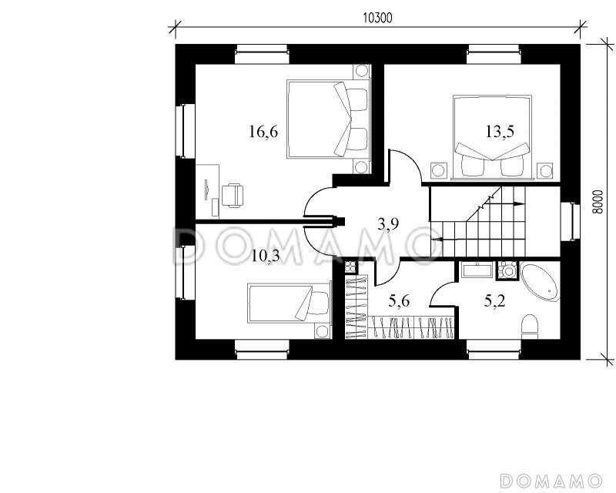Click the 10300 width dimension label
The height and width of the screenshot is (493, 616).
[377, 18]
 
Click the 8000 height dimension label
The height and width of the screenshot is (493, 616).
[598, 202]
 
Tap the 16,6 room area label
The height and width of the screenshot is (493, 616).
[263, 132]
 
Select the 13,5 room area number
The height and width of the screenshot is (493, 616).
[500, 132]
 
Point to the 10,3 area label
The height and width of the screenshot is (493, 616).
[265, 257]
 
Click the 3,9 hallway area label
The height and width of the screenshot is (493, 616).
[388, 224]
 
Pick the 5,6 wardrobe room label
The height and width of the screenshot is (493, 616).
[399, 301]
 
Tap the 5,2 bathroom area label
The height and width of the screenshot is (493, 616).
[494, 301]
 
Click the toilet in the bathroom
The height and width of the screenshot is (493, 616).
[529, 326]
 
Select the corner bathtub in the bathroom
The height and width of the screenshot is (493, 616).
[540, 283]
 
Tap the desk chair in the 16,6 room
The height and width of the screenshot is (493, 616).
[233, 195]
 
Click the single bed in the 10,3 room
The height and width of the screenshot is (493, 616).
[289, 303]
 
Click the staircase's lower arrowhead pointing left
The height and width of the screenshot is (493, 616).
[437, 239]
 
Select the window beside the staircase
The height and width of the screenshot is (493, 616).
[570, 221]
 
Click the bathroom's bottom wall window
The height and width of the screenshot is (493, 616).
[494, 350]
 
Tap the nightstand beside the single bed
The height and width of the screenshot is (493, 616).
[323, 331]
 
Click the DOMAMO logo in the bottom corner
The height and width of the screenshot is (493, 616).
[551, 481]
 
